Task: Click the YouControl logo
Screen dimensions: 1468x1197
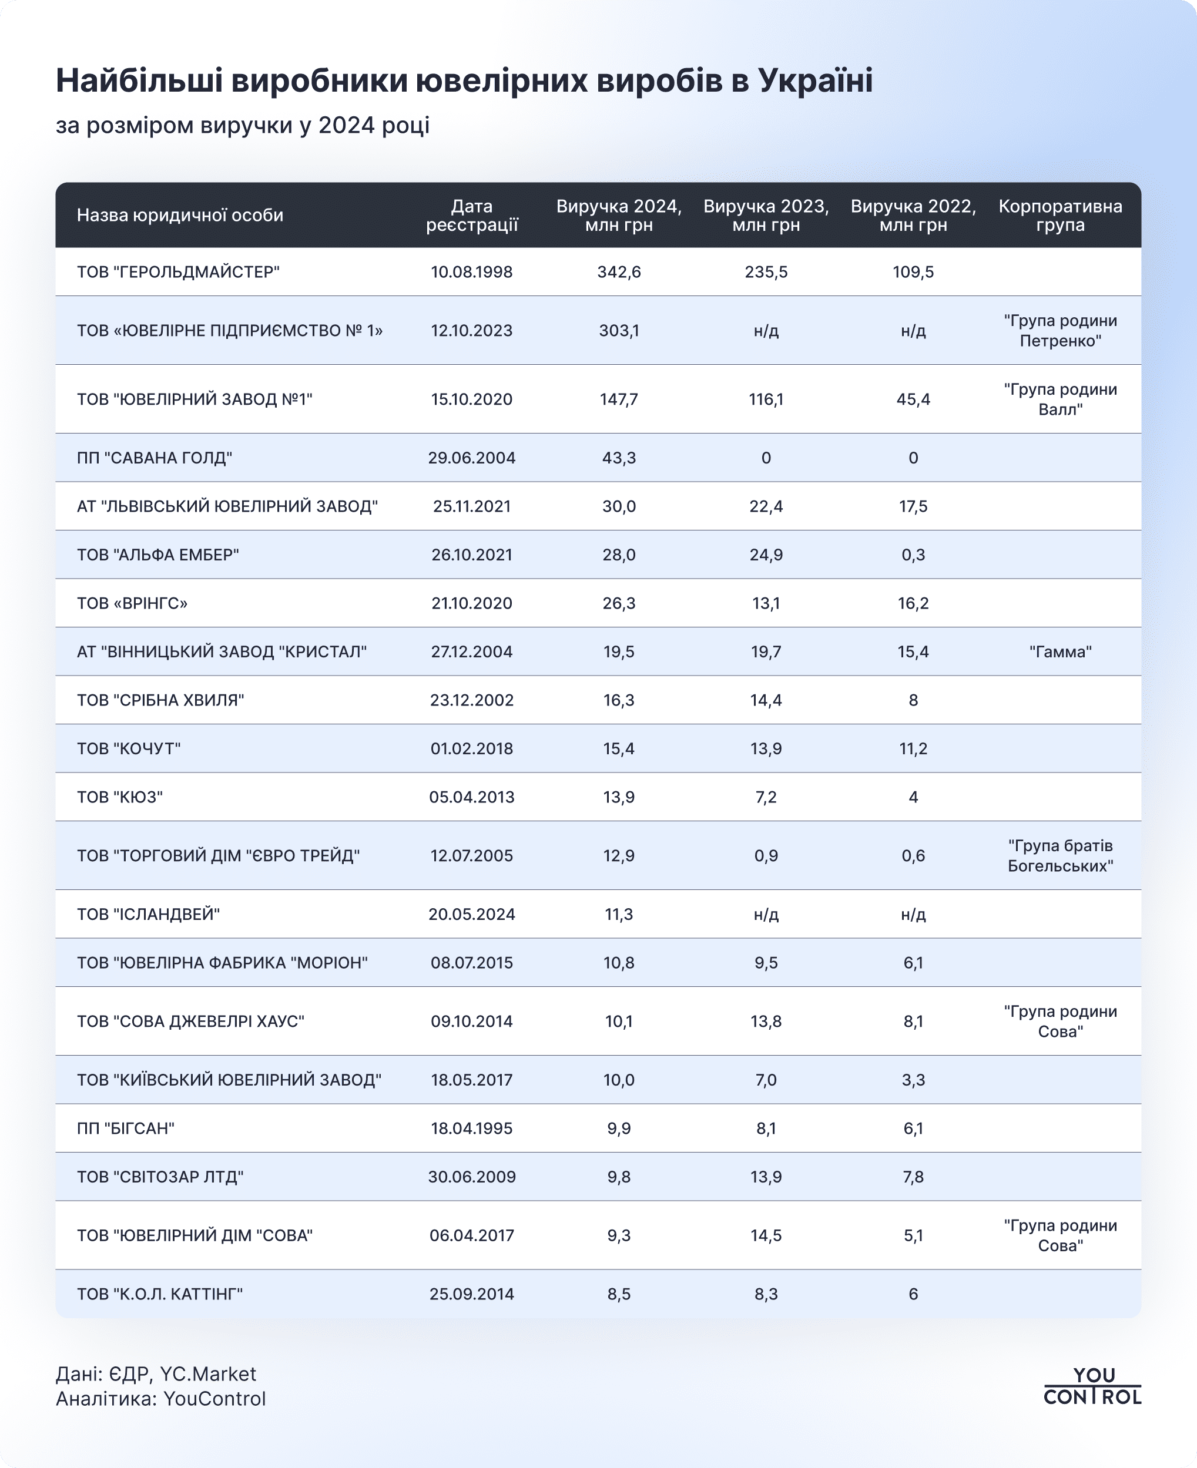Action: tap(1092, 1386)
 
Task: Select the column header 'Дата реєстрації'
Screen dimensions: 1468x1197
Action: tap(472, 216)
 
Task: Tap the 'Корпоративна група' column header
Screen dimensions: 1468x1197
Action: tap(1059, 216)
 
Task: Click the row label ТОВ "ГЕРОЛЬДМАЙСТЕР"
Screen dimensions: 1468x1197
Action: tap(178, 272)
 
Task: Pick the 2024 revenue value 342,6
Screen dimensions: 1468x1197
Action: tap(619, 272)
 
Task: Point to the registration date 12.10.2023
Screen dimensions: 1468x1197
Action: tap(472, 331)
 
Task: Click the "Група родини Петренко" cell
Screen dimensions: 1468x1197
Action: tap(1059, 331)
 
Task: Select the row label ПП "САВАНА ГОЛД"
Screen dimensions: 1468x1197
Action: tap(155, 458)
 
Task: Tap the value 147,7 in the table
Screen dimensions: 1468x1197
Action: tap(619, 399)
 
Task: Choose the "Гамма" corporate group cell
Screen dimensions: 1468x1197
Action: tap(1059, 652)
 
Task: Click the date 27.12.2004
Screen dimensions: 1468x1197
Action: tap(472, 652)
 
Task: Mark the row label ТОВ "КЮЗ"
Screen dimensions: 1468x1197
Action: tap(120, 797)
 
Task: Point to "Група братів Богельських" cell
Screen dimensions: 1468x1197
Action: tap(1059, 856)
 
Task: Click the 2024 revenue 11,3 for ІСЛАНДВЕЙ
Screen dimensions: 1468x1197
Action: tap(619, 915)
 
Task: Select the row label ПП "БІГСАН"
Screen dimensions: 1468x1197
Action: tap(126, 1128)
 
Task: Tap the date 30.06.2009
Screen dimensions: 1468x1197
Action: tap(472, 1177)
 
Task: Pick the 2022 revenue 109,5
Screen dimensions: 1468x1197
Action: tap(913, 272)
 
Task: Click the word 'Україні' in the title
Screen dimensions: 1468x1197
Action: tap(815, 80)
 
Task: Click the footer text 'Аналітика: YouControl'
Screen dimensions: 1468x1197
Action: tap(160, 1399)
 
